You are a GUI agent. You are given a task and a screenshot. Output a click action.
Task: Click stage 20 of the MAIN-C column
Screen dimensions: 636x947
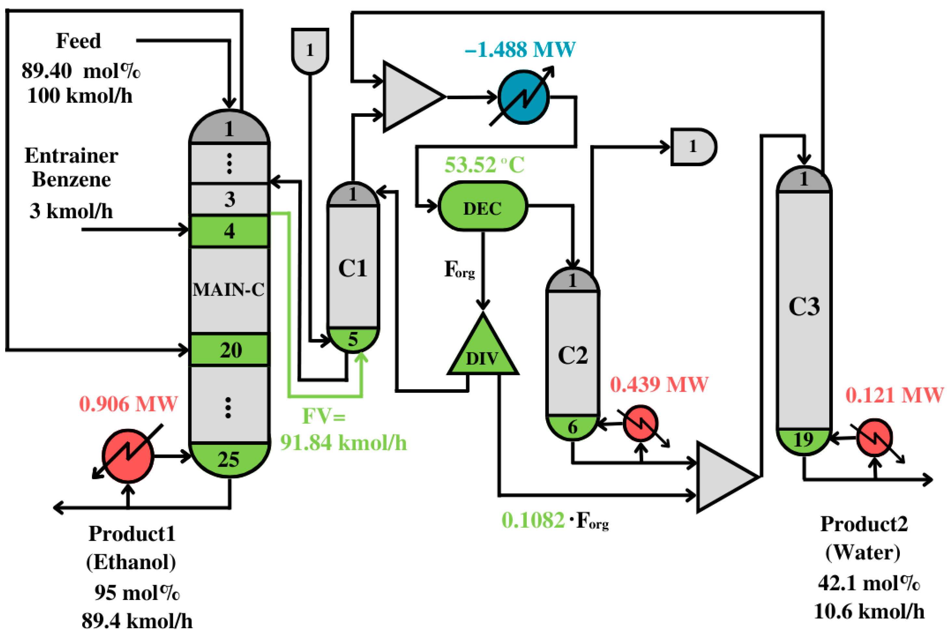click(230, 350)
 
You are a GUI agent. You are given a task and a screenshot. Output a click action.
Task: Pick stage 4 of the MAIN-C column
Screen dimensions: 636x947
click(230, 231)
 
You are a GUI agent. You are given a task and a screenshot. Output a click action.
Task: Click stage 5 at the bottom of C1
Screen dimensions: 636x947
click(353, 339)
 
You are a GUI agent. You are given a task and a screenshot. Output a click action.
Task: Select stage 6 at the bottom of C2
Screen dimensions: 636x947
click(572, 427)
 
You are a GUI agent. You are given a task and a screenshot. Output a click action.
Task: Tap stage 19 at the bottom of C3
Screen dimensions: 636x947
click(803, 440)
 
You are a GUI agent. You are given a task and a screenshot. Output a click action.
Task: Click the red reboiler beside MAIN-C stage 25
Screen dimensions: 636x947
click(128, 456)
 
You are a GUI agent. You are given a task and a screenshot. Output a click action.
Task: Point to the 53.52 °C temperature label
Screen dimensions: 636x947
click(484, 165)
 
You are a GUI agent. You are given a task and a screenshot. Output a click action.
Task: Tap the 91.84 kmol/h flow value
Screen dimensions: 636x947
click(343, 443)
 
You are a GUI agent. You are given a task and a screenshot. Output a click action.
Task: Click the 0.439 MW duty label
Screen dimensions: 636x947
click(659, 384)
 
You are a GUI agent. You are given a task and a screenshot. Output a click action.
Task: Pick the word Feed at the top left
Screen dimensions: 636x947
click(78, 41)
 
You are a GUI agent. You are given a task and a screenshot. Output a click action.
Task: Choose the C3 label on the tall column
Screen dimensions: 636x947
click(804, 307)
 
